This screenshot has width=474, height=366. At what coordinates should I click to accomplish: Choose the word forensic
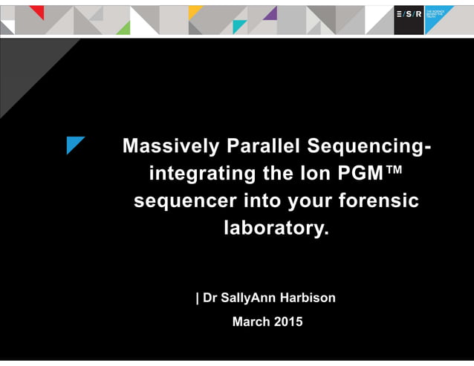(x=378, y=201)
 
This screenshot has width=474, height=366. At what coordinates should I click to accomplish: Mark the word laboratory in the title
(x=275, y=229)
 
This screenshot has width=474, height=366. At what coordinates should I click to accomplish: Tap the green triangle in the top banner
(x=124, y=28)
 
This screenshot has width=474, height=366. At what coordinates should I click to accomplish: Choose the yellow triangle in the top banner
(x=194, y=10)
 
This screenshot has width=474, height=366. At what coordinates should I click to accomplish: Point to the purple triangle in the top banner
(x=270, y=13)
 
